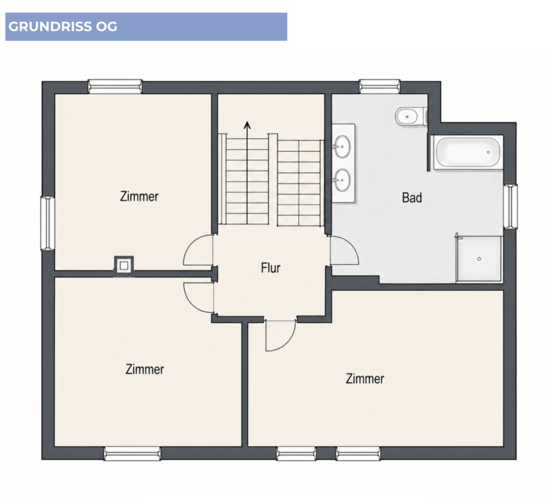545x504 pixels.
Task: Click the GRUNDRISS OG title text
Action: pos(62,27)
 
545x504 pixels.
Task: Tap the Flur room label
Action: pos(271,268)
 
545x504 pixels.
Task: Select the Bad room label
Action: pos(412,197)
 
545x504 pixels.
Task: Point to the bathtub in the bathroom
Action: pos(467,152)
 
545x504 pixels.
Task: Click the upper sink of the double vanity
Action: pos(342,147)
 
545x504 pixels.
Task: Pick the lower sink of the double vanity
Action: pos(342,180)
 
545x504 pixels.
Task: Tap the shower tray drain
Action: pos(479,259)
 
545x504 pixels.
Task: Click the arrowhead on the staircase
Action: pos(247,125)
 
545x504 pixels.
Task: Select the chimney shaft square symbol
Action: pos(124,267)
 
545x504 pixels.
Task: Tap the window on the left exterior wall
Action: pos(48,223)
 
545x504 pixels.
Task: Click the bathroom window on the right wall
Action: pos(510,207)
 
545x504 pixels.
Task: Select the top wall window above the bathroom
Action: pos(380,87)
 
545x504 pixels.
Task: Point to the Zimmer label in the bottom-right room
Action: pos(365,379)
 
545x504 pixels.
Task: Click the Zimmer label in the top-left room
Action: pos(139,197)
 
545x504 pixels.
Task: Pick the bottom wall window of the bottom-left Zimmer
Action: pos(133,454)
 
